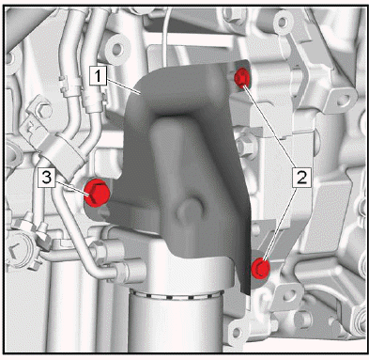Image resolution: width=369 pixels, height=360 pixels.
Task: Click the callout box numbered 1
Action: point(98,76)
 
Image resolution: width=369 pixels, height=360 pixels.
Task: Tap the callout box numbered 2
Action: point(302,178)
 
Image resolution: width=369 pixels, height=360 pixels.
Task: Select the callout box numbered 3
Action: point(47,178)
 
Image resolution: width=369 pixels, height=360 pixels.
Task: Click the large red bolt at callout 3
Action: point(97,193)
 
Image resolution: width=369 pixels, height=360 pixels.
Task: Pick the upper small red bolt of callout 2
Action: point(242,77)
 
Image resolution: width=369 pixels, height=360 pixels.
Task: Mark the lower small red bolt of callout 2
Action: point(260,268)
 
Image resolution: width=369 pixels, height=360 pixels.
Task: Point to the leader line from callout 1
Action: point(123,86)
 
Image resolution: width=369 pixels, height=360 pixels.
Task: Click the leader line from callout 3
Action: point(72,188)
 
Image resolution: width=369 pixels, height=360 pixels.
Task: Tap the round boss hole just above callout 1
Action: point(116,48)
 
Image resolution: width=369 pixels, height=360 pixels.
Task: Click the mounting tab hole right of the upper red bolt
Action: point(342,101)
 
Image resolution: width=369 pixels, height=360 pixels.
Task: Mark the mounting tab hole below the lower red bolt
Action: point(289,296)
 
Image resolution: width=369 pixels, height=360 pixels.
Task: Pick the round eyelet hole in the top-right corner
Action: point(283,22)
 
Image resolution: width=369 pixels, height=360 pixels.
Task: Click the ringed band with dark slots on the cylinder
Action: point(177,294)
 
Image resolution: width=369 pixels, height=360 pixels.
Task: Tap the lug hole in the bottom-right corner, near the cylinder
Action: point(237,333)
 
